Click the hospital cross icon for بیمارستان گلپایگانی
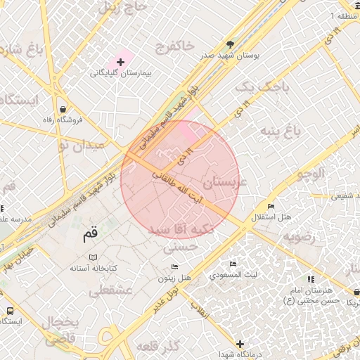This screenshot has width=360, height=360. [x=121, y=63]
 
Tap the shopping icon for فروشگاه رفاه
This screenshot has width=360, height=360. [x=65, y=110]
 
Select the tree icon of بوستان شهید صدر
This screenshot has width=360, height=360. [x=230, y=44]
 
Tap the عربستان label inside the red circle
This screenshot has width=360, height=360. [x=225, y=182]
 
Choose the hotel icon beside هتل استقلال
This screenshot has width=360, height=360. [x=271, y=206]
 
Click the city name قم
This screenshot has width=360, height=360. [x=91, y=236]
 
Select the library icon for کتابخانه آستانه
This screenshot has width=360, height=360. [x=94, y=258]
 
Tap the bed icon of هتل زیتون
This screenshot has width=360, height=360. [x=175, y=267]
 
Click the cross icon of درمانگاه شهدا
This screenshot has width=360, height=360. [x=240, y=344]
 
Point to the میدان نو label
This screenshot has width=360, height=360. [x=80, y=145]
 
